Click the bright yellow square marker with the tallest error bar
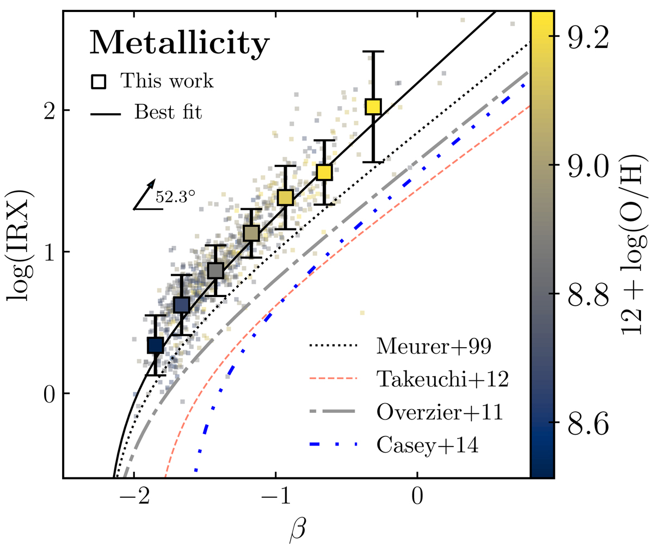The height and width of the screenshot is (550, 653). tap(373, 106)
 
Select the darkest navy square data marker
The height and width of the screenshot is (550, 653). tap(156, 345)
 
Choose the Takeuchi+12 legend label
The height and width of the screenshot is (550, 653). tap(442, 379)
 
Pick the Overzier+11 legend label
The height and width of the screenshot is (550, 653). tap(439, 412)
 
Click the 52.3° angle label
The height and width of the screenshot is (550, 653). tap(175, 197)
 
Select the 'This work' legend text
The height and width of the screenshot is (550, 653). tap(167, 81)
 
